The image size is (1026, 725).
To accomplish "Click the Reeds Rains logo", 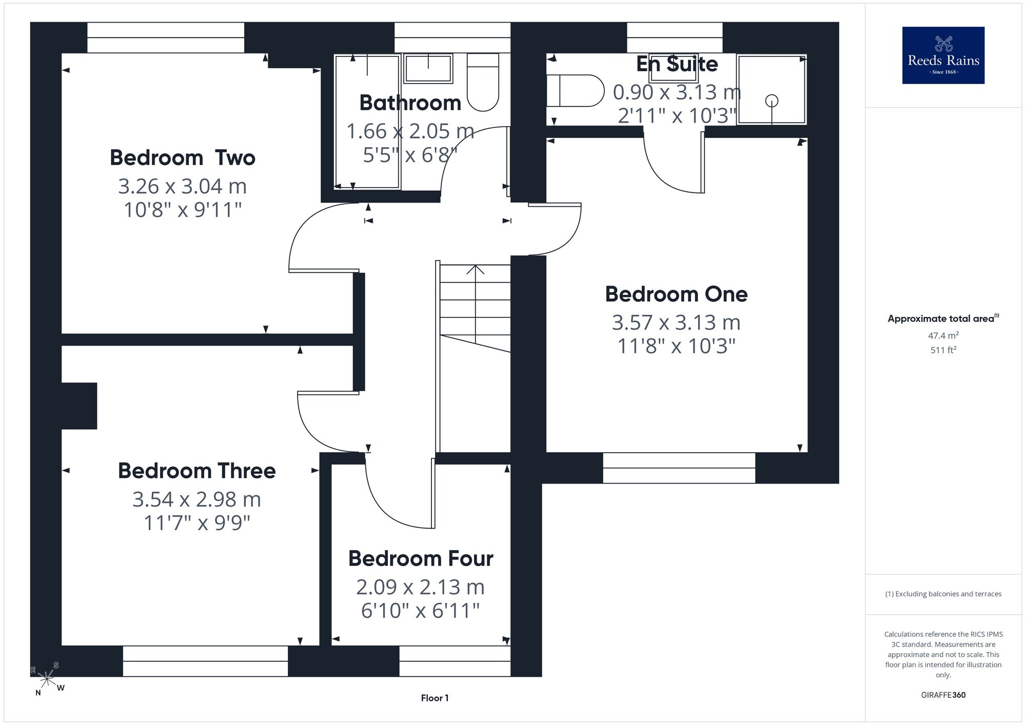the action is point(943,55).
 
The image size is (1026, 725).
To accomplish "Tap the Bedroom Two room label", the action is point(183,158).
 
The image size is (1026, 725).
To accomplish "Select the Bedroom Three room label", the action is point(197,471).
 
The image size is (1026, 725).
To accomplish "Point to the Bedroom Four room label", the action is point(421,558).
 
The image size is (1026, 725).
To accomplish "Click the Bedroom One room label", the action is point(676,294).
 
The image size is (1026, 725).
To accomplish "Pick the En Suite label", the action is point(677,64).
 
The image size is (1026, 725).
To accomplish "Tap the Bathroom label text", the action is point(410,103).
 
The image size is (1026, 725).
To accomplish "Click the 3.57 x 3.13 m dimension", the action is point(676,323).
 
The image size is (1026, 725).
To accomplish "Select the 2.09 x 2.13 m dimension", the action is point(421,587).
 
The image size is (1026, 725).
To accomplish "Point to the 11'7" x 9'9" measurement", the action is point(197,523).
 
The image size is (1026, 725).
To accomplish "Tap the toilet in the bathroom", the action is point(483,82).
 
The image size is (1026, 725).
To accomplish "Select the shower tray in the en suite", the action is point(772,89).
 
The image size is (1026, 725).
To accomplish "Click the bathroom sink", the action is point(428,68).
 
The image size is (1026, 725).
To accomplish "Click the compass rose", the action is point(47,679).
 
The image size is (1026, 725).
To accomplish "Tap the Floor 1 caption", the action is point(435,698).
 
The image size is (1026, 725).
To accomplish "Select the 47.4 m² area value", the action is point(943,336).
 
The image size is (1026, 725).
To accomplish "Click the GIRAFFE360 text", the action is point(943,695).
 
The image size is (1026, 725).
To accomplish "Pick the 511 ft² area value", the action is point(943,350).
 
